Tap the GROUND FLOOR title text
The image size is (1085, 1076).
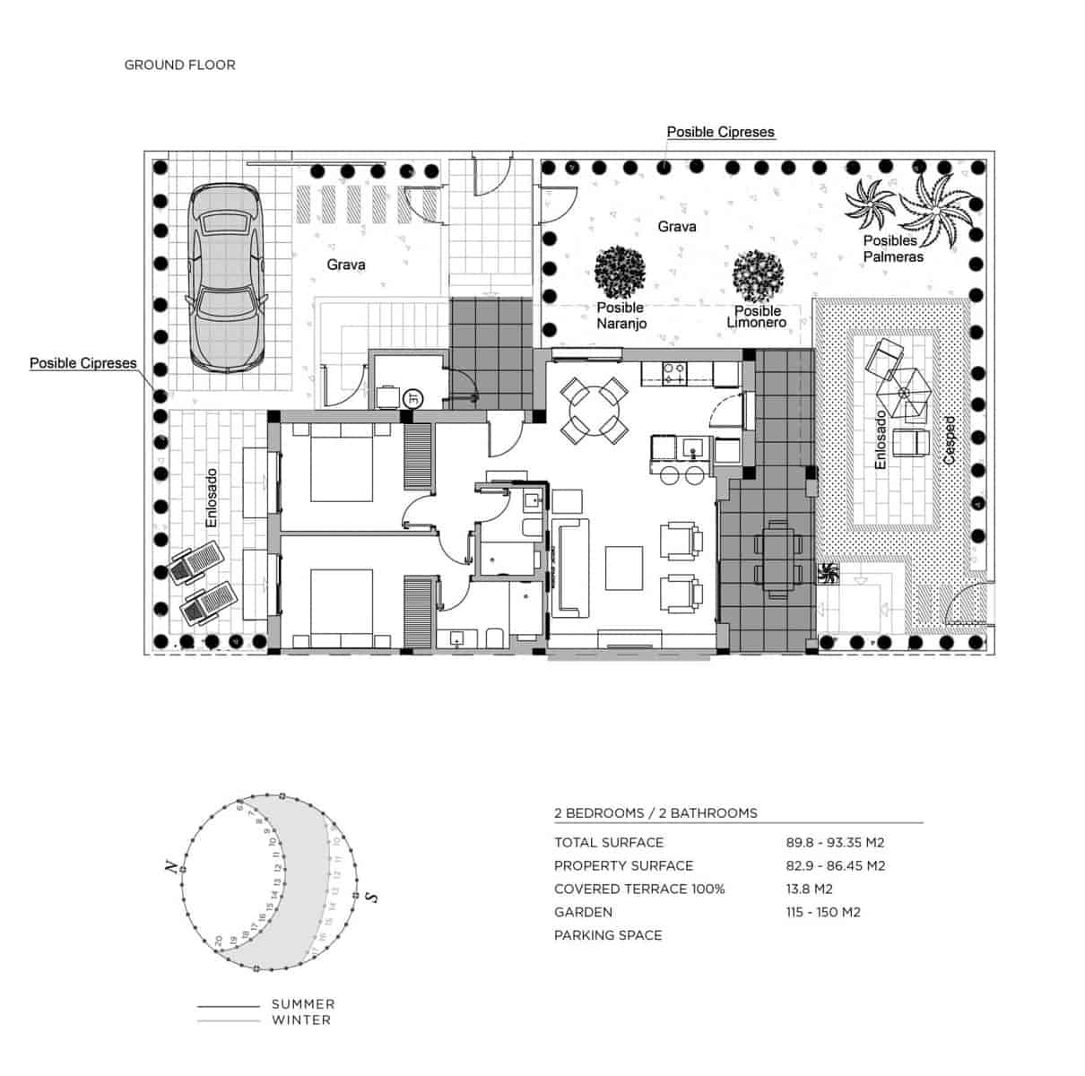pos(179,65)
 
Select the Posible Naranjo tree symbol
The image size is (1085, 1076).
pos(621,272)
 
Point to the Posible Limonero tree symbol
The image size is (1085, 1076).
pos(759,275)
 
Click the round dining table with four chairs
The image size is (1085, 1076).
pos(594,410)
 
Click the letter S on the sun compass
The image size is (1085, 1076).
pos(371,897)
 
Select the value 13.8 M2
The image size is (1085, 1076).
pos(809,889)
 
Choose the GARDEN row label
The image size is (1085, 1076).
pos(583,912)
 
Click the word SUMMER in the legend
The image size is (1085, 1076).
pos(303,1004)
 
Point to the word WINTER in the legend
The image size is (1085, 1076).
pos(301,1020)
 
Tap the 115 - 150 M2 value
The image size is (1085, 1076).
pos(823,912)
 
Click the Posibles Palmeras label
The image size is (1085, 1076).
pos(892,248)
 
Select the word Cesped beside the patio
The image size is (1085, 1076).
pos(950,439)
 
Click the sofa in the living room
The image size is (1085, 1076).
pos(569,568)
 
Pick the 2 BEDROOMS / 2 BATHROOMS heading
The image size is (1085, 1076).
pos(655,813)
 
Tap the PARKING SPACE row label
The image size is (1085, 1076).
pos(608,935)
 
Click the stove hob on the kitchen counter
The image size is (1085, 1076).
pos(673,372)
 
